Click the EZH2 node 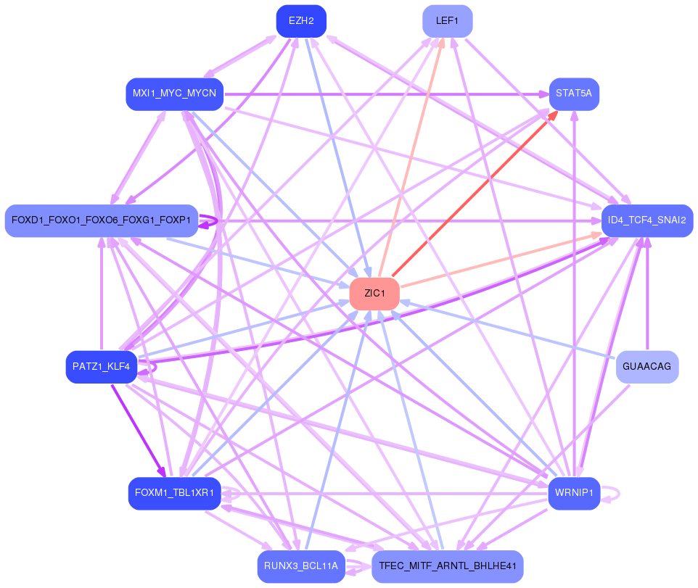[x=301, y=21]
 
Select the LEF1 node [x=448, y=21]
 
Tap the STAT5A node [x=574, y=94]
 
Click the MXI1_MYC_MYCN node [x=174, y=94]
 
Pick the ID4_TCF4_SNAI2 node [x=647, y=220]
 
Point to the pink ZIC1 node [x=374, y=294]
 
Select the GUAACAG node [x=647, y=367]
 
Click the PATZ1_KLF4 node [x=101, y=367]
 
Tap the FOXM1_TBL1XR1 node [x=174, y=494]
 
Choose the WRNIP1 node [x=574, y=494]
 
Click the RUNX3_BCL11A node [x=301, y=566]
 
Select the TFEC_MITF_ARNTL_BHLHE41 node [x=448, y=566]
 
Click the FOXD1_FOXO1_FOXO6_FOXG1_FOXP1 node [x=101, y=220]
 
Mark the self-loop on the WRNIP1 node [x=619, y=494]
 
